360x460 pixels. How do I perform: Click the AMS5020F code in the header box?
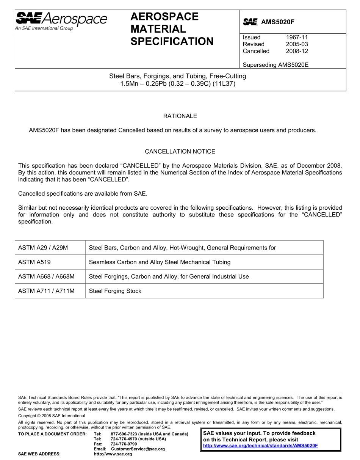[x=277, y=22]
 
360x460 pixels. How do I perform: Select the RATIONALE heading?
[x=180, y=116]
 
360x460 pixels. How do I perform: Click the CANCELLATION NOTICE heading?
[x=180, y=151]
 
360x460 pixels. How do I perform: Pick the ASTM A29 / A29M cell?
[x=43, y=248]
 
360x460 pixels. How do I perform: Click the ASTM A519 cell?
[x=34, y=262]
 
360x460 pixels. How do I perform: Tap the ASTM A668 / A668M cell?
[x=46, y=276]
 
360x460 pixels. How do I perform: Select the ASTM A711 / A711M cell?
[x=46, y=291]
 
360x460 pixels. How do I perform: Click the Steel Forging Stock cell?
[x=115, y=291]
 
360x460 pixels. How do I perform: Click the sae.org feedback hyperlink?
[x=260, y=446]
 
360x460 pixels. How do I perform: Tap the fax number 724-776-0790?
[x=124, y=444]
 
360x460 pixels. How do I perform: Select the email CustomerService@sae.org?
[x=138, y=449]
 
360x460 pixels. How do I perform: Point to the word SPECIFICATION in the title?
[x=172, y=41]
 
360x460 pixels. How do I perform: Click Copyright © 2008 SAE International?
[x=52, y=416]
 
